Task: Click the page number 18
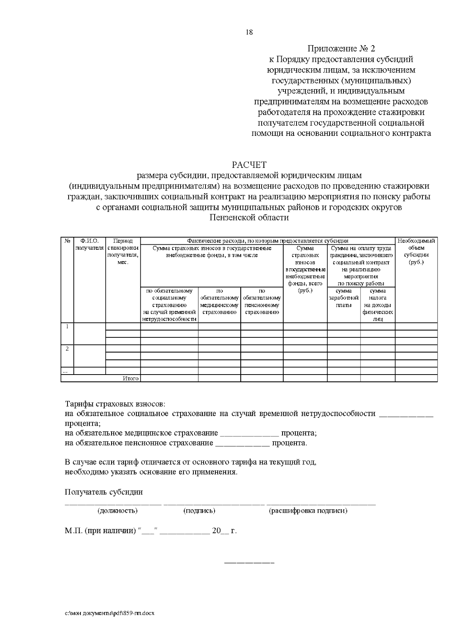point(249,32)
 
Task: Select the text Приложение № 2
point(341,49)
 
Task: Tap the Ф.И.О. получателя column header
point(89,244)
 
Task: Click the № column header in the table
point(67,241)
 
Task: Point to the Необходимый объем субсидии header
point(416,252)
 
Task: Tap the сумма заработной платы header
point(344,298)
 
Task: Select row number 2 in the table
point(67,349)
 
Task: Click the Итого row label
point(130,378)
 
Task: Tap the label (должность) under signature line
point(118,511)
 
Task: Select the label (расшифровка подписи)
point(308,511)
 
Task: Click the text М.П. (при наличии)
point(100,531)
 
